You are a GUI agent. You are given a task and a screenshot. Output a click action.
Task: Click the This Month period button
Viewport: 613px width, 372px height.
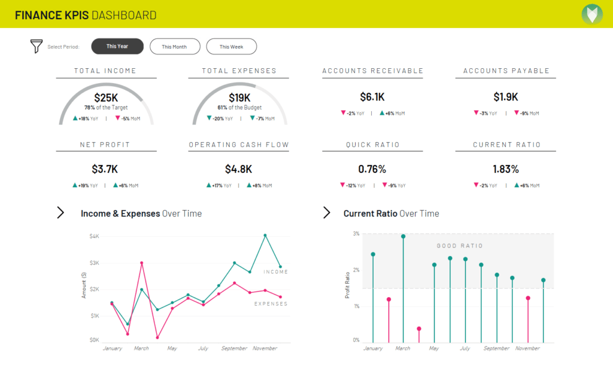[x=174, y=47]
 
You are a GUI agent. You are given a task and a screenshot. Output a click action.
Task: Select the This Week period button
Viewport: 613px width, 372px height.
[x=231, y=47]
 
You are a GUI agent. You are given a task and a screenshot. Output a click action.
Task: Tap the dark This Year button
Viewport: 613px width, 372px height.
[x=117, y=47]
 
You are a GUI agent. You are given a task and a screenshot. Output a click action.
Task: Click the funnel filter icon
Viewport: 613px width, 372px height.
[x=37, y=47]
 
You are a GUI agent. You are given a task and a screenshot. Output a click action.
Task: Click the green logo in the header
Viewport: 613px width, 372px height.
[x=592, y=14]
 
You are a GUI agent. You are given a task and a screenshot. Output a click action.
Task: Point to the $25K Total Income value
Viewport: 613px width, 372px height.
[x=106, y=97]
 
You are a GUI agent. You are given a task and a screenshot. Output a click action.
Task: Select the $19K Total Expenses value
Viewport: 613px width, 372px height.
[x=239, y=97]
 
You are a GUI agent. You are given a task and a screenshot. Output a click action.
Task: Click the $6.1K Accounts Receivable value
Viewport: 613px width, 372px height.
[x=372, y=97]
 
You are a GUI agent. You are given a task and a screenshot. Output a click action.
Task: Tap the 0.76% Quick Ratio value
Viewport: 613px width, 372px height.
[x=372, y=169]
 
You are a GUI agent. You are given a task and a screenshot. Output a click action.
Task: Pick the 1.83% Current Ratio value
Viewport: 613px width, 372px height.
[x=506, y=169]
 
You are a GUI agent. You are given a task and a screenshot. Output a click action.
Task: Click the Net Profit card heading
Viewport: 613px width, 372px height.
[x=105, y=145]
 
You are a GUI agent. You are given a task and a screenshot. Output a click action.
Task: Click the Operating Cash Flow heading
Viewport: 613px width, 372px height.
[x=239, y=145]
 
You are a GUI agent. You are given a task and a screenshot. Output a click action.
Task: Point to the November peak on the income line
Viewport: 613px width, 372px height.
[x=265, y=236]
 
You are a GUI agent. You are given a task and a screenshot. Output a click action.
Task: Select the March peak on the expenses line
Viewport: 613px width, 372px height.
[x=142, y=263]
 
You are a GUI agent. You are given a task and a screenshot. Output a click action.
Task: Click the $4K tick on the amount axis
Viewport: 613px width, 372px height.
[x=95, y=236]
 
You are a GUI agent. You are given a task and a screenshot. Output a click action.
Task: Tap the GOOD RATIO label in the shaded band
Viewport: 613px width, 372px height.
[x=460, y=246]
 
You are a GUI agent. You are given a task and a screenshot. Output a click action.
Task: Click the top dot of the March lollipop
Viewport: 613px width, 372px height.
[x=403, y=236]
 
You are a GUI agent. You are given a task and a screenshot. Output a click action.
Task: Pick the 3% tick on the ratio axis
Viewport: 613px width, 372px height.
[x=356, y=234]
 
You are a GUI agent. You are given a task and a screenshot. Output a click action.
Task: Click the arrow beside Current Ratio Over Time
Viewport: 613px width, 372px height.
[x=327, y=213]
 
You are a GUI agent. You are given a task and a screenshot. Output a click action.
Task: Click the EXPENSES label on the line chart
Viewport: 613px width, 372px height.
[x=271, y=304]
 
